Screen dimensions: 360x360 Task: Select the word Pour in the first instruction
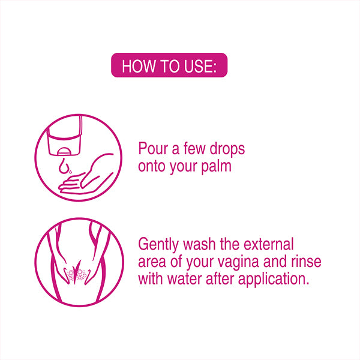(x=153, y=149)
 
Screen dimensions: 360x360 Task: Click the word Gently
(x=158, y=245)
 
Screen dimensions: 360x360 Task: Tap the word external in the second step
(x=268, y=244)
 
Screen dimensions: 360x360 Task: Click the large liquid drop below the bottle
(x=64, y=165)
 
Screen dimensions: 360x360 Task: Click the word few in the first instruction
(x=194, y=149)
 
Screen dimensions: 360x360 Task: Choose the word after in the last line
(x=220, y=279)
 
